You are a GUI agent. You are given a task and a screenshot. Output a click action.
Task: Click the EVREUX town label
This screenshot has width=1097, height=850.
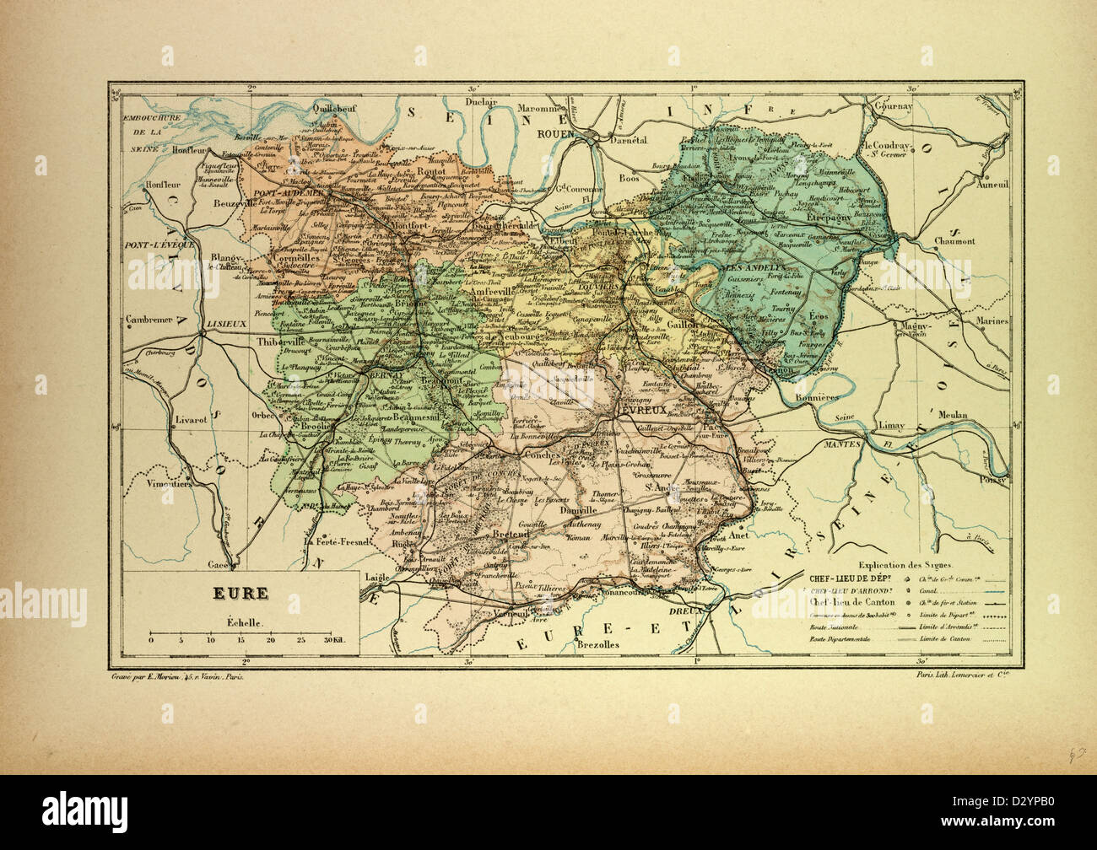(x=644, y=409)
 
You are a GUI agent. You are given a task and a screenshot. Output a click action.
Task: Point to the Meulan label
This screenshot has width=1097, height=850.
(x=949, y=415)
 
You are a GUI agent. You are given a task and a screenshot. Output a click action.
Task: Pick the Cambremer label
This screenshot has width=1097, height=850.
(x=148, y=320)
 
